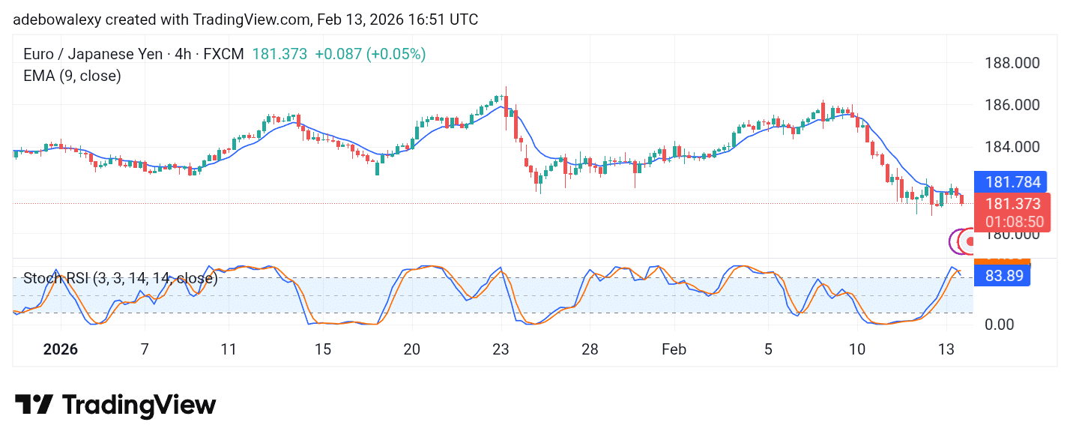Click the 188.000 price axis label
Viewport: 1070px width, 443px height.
click(x=1012, y=63)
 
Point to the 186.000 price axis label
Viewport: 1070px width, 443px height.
click(x=1012, y=105)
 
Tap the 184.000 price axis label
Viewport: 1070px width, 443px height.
click(x=1012, y=148)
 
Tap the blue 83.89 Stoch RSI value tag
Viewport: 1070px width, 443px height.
click(x=1003, y=276)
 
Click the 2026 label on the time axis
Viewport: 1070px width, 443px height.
click(x=61, y=349)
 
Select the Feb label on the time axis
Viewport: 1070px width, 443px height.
click(x=674, y=349)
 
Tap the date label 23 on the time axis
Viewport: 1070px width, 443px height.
click(x=501, y=349)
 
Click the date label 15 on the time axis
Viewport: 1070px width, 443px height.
click(x=322, y=349)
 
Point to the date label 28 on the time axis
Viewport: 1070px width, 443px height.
click(x=590, y=349)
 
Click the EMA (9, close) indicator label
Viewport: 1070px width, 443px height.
click(x=72, y=76)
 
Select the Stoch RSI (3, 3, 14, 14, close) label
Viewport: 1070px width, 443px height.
click(x=120, y=279)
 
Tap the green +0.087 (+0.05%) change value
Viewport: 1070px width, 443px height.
click(x=370, y=54)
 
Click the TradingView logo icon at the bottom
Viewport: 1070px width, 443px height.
click(x=34, y=405)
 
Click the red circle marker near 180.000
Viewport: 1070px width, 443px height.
click(x=971, y=241)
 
